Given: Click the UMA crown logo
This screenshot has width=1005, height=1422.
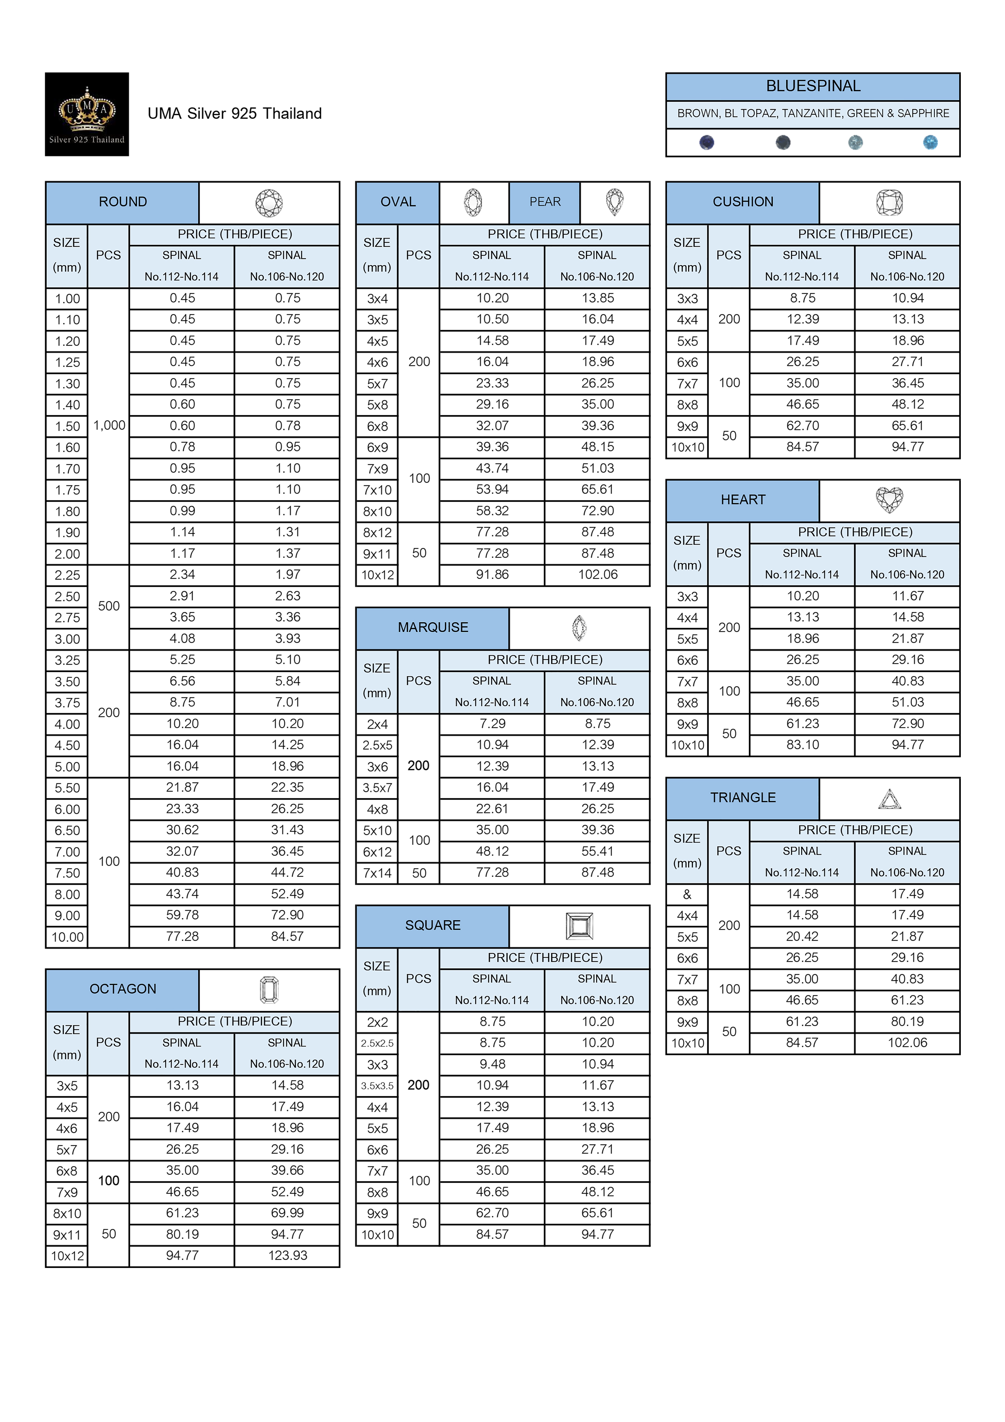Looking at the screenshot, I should (87, 114).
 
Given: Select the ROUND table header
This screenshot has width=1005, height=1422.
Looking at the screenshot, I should (123, 202).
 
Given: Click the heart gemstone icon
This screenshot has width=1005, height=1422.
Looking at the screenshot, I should (889, 500).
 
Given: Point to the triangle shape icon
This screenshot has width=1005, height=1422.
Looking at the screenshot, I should (889, 799).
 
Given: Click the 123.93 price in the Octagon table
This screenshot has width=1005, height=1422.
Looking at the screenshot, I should (287, 1255).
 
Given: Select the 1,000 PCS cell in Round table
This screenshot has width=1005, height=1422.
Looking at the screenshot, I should (109, 425).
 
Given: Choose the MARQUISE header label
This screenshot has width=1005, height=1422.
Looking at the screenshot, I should (433, 627).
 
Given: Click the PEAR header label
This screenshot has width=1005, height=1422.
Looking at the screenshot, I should (545, 202).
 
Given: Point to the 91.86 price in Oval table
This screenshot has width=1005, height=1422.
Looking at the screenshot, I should (492, 575).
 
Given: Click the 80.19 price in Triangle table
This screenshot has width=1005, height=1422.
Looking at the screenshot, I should (907, 1022).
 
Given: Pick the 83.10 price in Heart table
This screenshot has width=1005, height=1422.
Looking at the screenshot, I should (803, 745).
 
